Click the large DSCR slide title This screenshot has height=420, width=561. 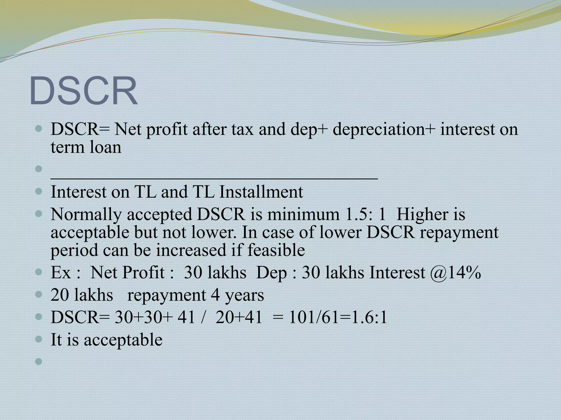pos(83,91)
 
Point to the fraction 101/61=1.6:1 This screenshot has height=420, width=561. pos(338,318)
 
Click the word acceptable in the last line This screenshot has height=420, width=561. pos(123,340)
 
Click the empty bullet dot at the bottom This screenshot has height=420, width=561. pos(39,362)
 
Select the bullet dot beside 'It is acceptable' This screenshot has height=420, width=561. pos(39,339)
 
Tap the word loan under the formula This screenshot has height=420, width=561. pos(105,147)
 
